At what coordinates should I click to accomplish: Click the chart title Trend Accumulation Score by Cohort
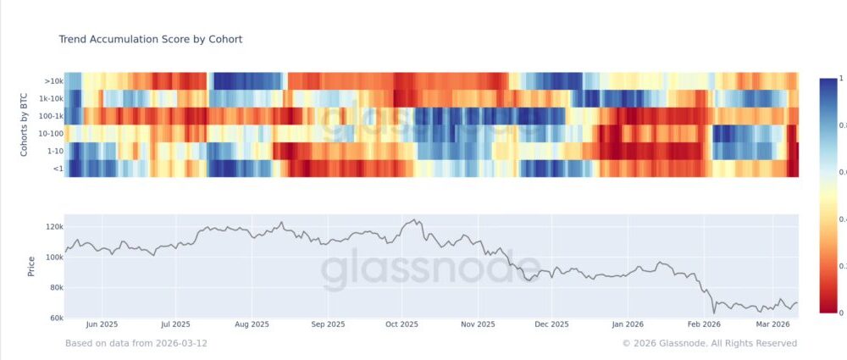151,40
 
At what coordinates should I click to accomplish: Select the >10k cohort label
52,81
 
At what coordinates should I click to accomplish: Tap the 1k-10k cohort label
49,99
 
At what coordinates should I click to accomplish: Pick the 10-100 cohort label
48,134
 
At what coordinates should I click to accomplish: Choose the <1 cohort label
55,169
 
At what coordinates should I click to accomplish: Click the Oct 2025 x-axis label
402,324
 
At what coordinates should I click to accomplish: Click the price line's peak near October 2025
413,220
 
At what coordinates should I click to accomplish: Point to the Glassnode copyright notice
709,343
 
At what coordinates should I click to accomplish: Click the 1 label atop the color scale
841,78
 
